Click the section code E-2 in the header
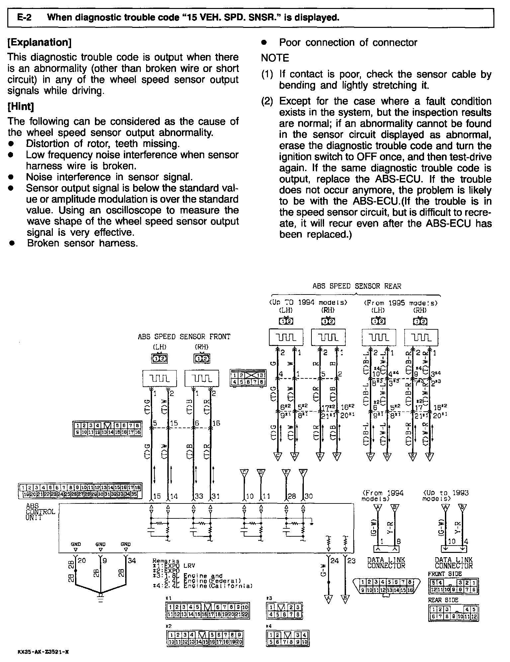(24, 17)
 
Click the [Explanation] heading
(40, 42)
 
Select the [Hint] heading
(21, 106)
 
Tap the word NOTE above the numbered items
(275, 58)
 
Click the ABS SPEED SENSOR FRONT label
(184, 337)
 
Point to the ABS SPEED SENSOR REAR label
(357, 286)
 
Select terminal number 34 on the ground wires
(132, 561)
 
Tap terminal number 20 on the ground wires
(82, 561)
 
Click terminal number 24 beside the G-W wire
(334, 561)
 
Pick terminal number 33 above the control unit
(199, 496)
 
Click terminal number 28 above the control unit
(292, 496)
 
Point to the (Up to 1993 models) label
(445, 496)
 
